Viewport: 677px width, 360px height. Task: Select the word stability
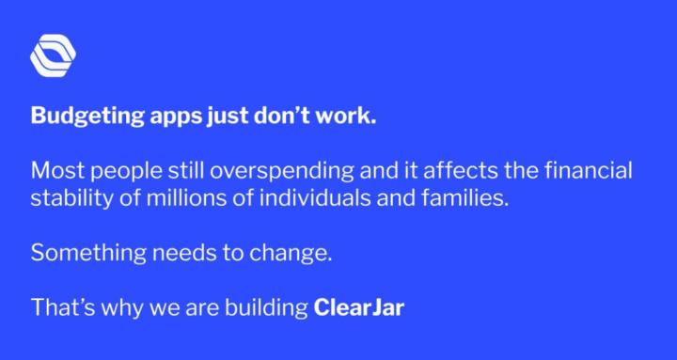pos(65,199)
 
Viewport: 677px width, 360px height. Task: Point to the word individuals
pos(299,199)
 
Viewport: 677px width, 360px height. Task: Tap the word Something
pos(78,253)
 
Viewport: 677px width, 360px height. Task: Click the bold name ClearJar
pos(358,306)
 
